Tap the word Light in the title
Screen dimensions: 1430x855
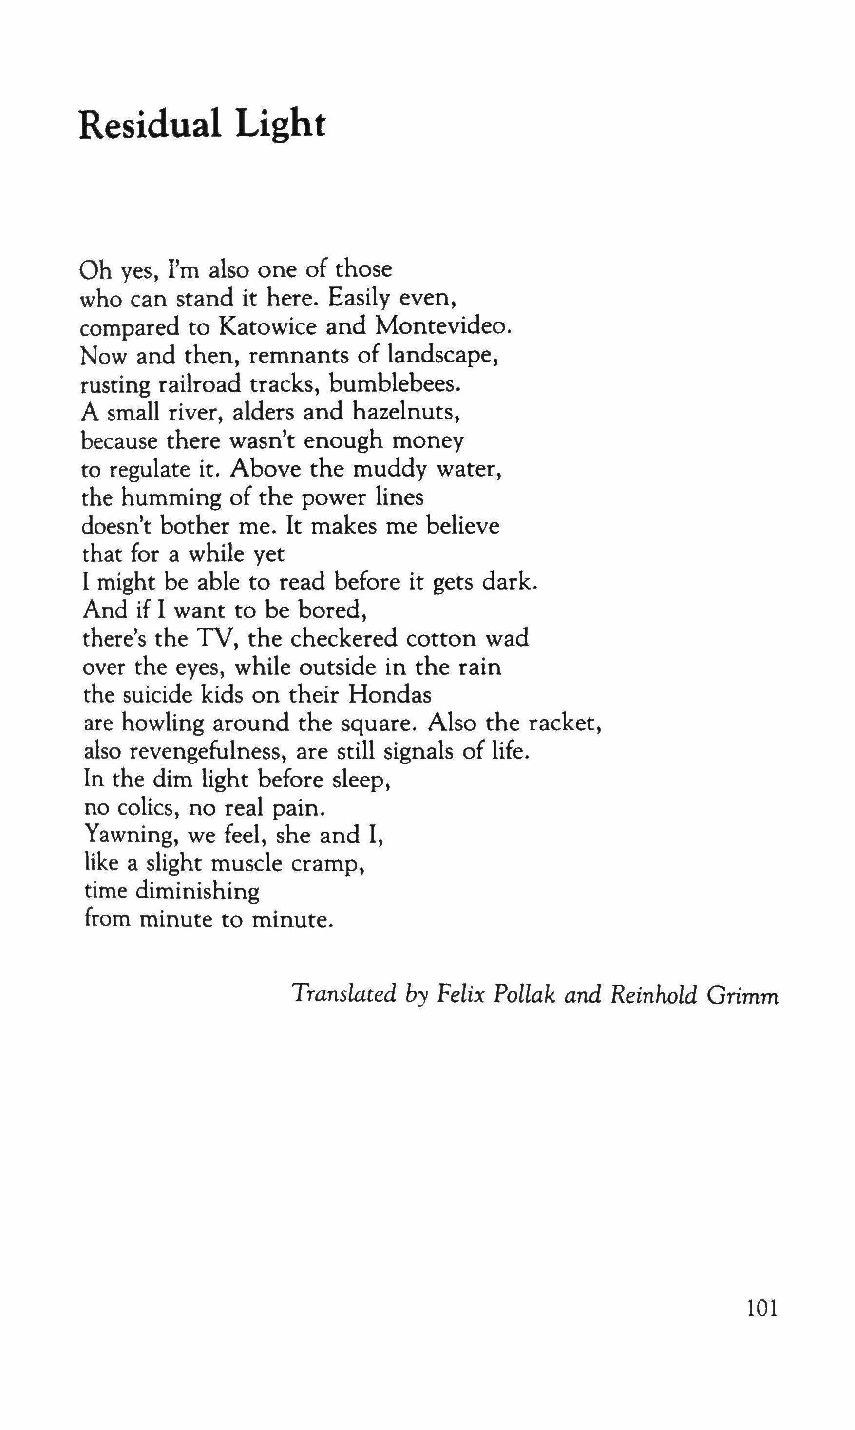[x=281, y=126]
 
